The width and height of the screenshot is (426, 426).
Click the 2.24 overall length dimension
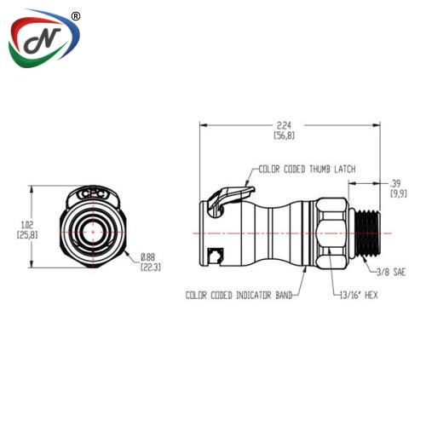pos(284,125)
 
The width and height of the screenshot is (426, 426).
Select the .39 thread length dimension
pos(395,183)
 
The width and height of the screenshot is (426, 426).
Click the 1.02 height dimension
pos(27,225)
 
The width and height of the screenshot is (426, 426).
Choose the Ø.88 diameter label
pos(148,257)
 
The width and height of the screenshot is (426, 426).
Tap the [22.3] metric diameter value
pos(151,268)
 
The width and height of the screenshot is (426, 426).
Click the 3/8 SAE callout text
pos(391,273)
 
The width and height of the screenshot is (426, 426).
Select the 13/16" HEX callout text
pos(359,295)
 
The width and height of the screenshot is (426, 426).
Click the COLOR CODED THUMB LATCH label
pos(307,170)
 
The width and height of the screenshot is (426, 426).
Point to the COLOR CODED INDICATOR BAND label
pos(239,296)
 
